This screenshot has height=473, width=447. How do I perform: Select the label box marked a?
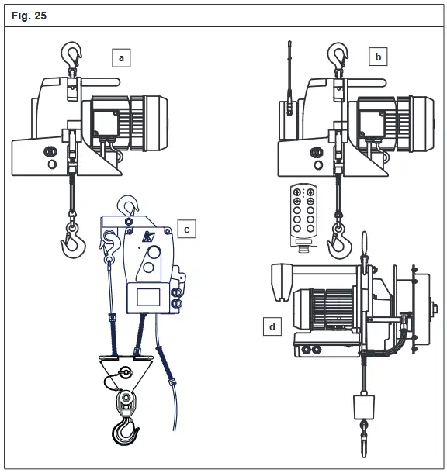121,57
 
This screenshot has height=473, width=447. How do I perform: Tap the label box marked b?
378,57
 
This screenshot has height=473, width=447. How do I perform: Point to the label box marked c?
187,229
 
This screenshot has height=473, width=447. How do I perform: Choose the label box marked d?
272,326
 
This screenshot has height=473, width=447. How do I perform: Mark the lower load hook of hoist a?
72,240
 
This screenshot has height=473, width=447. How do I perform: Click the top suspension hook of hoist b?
338,54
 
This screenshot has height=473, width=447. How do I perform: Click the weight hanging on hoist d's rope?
363,408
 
